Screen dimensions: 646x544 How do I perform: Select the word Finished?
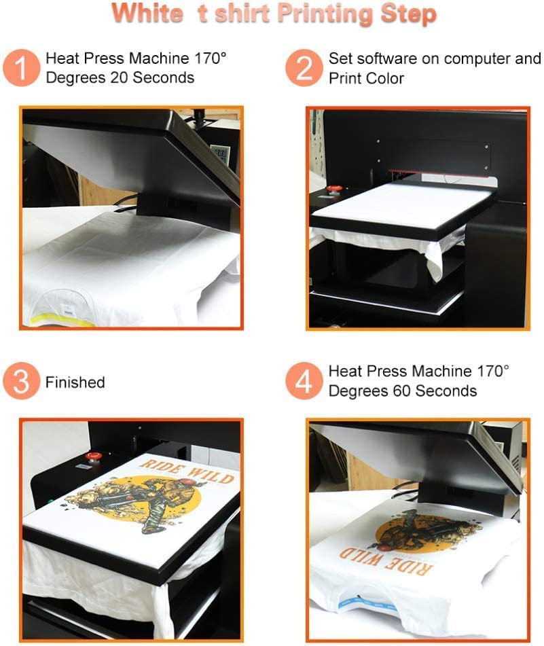point(75,382)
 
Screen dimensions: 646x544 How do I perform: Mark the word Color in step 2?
point(384,79)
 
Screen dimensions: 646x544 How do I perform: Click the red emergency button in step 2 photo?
point(333,190)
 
